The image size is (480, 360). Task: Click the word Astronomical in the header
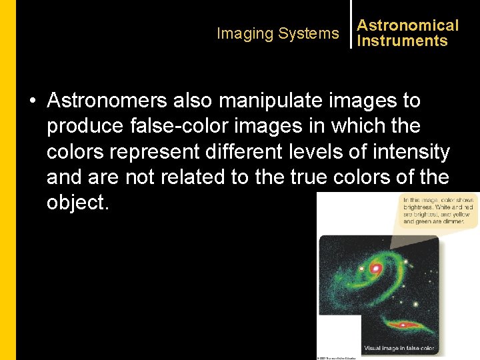coord(408,25)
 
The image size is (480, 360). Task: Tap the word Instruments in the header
coord(402,41)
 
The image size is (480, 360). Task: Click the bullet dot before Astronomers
coord(32,101)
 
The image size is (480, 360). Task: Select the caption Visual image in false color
coord(399,348)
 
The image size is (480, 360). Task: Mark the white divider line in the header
coord(351,24)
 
